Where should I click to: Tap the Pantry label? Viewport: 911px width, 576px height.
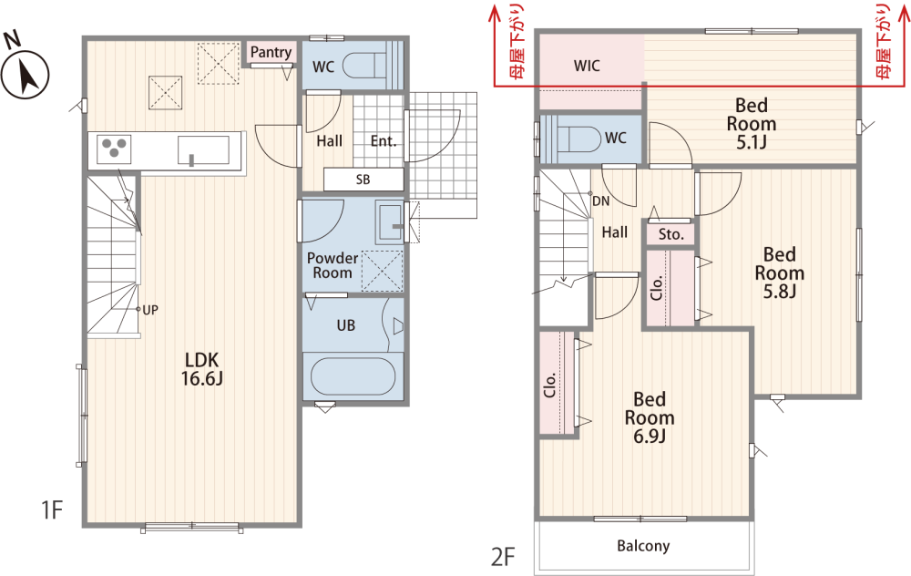pyautogui.click(x=271, y=52)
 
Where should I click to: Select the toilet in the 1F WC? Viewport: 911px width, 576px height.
pyautogui.click(x=365, y=65)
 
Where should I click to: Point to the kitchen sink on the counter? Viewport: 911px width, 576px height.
pyautogui.click(x=203, y=151)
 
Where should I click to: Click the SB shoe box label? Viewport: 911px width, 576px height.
pyautogui.click(x=363, y=180)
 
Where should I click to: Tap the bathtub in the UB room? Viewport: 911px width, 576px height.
pyautogui.click(x=353, y=376)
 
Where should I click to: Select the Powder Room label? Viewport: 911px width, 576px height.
pyautogui.click(x=333, y=265)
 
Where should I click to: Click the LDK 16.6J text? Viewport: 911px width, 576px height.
pyautogui.click(x=201, y=369)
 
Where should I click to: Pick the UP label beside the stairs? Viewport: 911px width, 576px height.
pyautogui.click(x=150, y=310)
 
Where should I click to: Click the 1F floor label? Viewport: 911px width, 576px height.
pyautogui.click(x=52, y=509)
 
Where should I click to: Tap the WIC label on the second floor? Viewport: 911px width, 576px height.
pyautogui.click(x=587, y=66)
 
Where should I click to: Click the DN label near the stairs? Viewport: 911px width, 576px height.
pyautogui.click(x=600, y=201)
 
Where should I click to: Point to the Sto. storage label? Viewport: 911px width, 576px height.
pyautogui.click(x=671, y=234)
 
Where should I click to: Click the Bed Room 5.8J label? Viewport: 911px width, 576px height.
pyautogui.click(x=780, y=273)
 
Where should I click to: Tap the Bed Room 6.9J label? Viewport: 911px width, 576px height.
pyautogui.click(x=650, y=417)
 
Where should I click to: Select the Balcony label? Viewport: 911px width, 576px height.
pyautogui.click(x=643, y=546)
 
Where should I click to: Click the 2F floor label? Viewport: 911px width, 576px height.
pyautogui.click(x=503, y=557)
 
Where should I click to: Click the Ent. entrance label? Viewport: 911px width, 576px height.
pyautogui.click(x=384, y=141)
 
